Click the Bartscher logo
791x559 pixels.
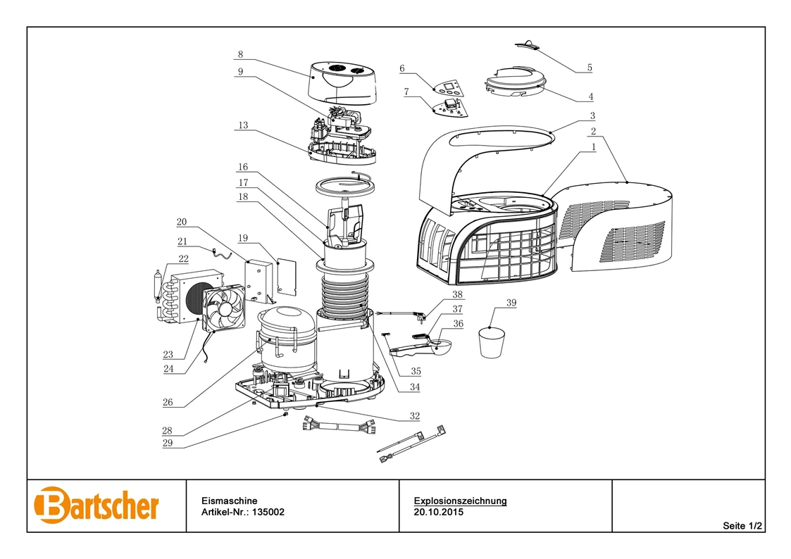(96, 505)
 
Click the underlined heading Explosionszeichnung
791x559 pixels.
(460, 501)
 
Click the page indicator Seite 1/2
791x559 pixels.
(742, 526)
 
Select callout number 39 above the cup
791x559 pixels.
(511, 303)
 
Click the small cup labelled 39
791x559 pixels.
(491, 341)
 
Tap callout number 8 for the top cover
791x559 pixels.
(241, 54)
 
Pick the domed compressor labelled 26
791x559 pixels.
(286, 340)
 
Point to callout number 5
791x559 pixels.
(590, 67)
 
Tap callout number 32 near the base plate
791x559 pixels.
(415, 416)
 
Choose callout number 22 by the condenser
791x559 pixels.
(184, 258)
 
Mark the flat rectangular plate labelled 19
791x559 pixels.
(285, 276)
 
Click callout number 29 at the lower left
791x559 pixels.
(168, 443)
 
